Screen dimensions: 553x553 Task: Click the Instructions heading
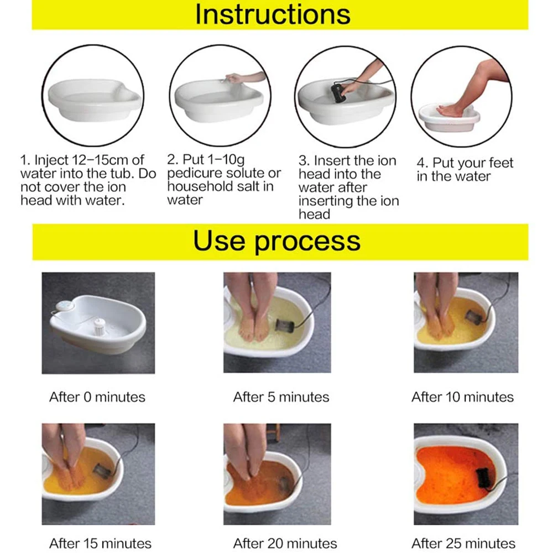(273, 14)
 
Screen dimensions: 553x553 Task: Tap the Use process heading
(277, 241)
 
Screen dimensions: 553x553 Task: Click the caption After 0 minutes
(97, 397)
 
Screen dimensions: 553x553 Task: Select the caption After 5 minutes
(281, 397)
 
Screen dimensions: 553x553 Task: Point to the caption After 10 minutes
(462, 397)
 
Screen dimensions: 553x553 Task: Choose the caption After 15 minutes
(100, 544)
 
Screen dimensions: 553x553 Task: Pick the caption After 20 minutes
(285, 544)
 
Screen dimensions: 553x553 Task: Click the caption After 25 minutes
(463, 544)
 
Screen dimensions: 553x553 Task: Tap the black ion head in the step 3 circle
(338, 93)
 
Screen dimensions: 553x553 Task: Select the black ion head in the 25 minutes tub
(482, 476)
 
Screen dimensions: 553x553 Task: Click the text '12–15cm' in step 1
(100, 160)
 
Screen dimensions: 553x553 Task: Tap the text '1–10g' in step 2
(226, 160)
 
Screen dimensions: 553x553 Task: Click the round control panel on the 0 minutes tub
(65, 306)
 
